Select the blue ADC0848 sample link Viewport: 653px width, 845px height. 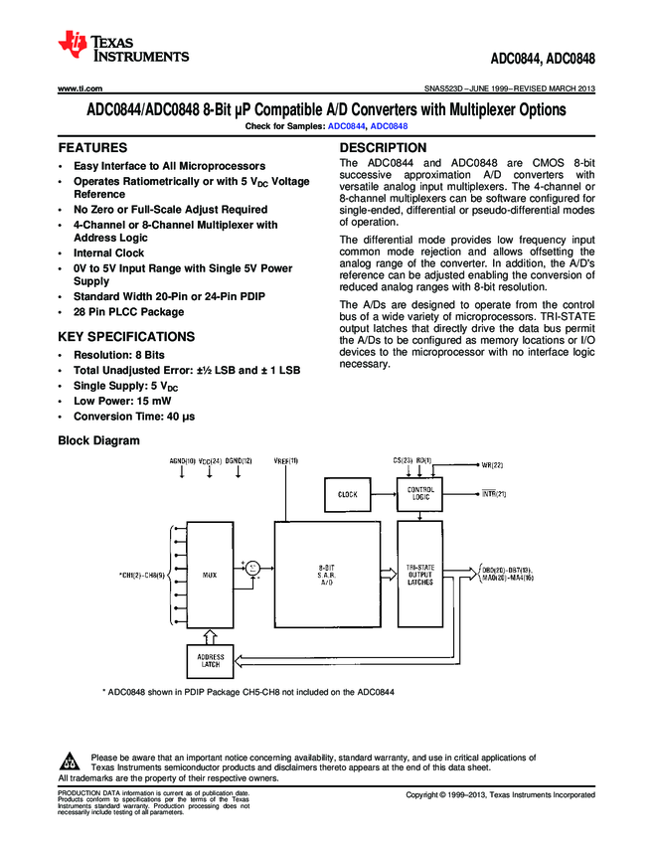389,127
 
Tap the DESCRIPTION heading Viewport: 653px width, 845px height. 383,147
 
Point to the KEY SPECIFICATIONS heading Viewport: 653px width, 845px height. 126,336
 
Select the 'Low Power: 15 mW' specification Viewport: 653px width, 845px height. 127,401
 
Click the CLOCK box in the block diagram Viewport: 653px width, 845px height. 348,494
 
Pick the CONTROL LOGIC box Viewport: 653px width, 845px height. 421,494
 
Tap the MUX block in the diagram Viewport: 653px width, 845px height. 210,575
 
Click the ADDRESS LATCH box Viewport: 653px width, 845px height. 211,660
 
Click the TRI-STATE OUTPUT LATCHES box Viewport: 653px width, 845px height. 420,575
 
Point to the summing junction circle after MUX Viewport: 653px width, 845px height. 253,567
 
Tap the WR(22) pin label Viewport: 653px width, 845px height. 493,465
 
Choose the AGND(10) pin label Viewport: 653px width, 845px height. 183,460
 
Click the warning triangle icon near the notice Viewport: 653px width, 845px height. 70,762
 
